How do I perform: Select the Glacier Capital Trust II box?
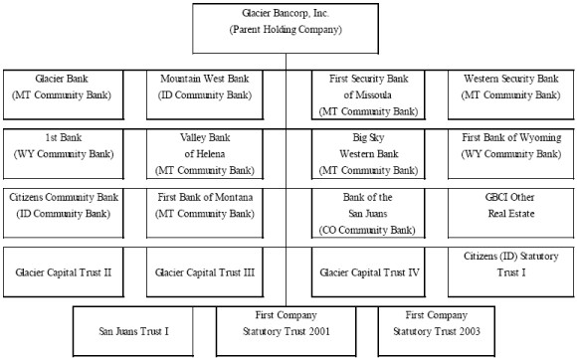pyautogui.click(x=63, y=271)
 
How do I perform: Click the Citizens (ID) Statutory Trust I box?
pyautogui.click(x=510, y=271)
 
